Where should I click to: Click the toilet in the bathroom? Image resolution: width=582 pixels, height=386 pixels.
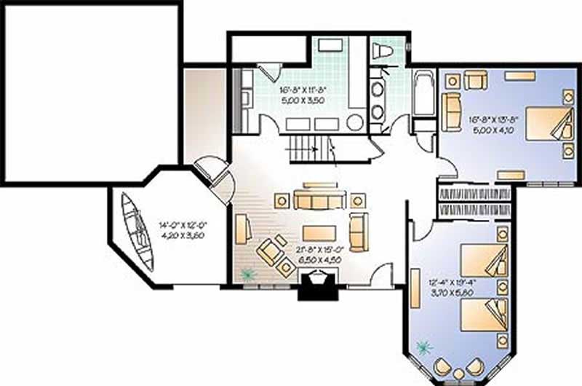(x=382, y=51)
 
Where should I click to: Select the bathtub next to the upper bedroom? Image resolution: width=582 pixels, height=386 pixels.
(x=423, y=92)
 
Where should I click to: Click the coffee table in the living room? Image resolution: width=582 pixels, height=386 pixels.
(x=319, y=232)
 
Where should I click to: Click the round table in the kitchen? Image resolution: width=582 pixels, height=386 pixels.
(x=354, y=122)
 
